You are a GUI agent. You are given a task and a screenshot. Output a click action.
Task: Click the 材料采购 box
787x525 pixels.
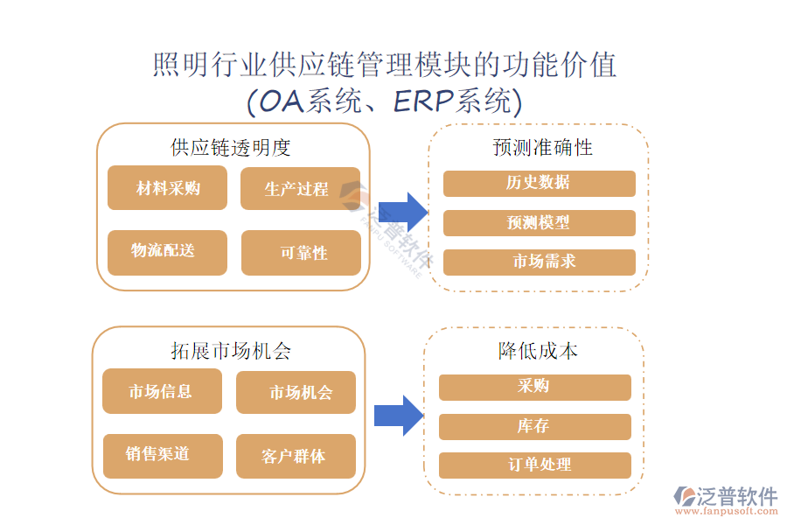pos(167,188)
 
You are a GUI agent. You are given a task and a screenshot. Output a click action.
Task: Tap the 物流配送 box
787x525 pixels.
pos(167,252)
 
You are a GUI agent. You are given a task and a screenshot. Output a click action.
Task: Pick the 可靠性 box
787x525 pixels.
pos(301,252)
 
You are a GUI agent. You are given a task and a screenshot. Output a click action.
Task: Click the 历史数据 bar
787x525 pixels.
pos(539,183)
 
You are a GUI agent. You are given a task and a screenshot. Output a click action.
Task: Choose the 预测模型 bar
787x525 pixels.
pos(539,223)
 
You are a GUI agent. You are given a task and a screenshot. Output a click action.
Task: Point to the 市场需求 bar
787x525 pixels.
pos(539,262)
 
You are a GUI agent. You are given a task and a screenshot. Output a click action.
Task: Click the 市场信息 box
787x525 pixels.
pos(162,391)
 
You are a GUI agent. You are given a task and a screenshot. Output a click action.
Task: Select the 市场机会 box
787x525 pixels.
pos(296,392)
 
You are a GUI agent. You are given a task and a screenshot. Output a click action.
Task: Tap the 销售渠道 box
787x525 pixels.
pos(162,455)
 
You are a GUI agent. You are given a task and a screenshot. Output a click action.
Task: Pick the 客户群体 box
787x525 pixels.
pos(296,456)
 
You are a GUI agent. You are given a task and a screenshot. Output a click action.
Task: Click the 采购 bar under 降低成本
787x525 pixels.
pos(534,387)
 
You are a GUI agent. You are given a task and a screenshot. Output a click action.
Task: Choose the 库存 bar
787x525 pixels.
pos(534,426)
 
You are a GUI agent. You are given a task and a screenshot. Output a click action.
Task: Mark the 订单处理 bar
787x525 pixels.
pos(534,465)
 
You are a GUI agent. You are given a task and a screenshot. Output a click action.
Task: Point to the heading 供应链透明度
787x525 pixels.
pos(231,147)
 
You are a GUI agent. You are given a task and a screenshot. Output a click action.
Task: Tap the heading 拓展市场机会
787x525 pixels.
pos(231,351)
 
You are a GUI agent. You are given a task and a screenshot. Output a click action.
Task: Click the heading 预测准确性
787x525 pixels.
pos(542,147)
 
